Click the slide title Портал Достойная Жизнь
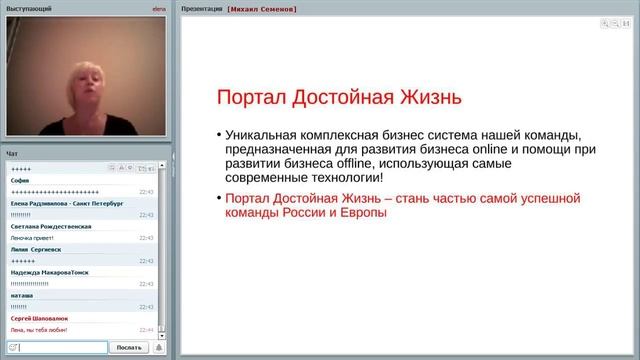coord(340,98)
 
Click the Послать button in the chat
coord(129,347)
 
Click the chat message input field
coord(59,347)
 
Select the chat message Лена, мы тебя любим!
coord(43,329)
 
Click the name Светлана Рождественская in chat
coord(51,226)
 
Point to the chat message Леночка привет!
coord(33,237)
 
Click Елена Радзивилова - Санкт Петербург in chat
coord(66,203)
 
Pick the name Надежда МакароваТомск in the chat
coord(51,272)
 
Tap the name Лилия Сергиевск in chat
coord(36,249)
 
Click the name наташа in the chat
coord(22,295)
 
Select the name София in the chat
coord(20,180)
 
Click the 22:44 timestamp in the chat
coord(146,329)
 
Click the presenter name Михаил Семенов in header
coord(262,8)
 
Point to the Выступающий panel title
coord(29,8)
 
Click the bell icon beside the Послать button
coord(158,347)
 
